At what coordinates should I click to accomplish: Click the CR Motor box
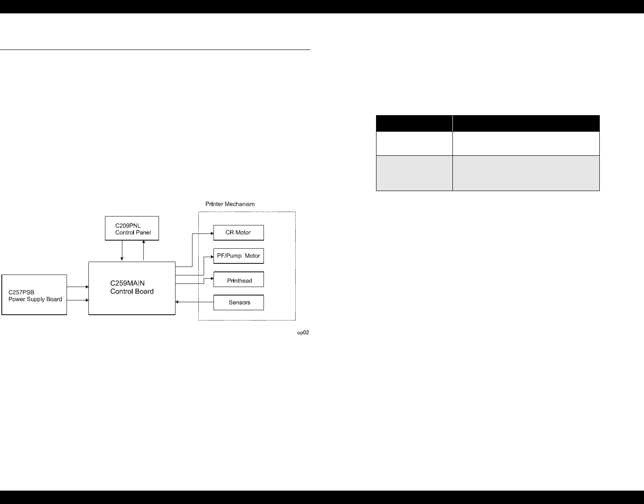238,233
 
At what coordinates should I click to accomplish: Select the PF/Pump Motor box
238,256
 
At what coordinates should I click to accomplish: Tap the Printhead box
238,279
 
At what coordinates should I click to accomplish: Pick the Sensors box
238,302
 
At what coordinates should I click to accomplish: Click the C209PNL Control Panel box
132,229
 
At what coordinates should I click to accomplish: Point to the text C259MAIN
127,283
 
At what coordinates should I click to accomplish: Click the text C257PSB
21,292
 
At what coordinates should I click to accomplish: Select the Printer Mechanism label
230,204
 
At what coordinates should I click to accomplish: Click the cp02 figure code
303,333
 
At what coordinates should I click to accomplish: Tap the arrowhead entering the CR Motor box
211,233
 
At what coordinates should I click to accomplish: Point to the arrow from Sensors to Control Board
194,302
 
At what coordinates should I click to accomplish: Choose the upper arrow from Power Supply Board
78,287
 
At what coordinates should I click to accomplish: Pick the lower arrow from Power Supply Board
78,300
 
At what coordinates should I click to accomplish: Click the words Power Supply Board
35,299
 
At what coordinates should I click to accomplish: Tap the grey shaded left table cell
414,173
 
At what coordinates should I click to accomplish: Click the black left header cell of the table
414,123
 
